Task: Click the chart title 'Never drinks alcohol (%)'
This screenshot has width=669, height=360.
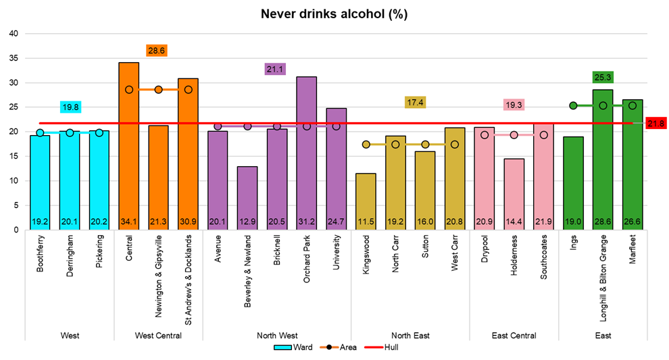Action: (334, 14)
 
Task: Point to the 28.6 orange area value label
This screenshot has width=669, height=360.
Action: (157, 51)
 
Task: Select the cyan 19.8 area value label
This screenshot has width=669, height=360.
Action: (71, 107)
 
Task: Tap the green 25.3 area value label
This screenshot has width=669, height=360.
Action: (601, 77)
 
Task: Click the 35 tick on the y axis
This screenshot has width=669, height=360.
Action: (13, 58)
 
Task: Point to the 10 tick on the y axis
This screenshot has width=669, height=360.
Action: (13, 181)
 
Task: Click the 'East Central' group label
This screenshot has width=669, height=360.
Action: (514, 335)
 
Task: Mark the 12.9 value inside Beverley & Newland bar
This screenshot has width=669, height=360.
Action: (247, 222)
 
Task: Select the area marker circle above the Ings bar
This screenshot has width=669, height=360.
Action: (573, 105)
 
